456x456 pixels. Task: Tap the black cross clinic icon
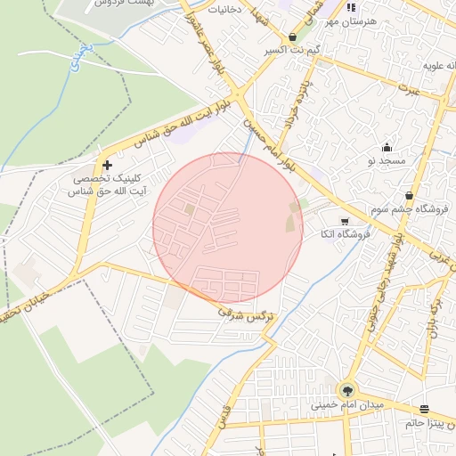click(108, 165)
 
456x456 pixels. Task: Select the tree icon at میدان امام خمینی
click(346, 389)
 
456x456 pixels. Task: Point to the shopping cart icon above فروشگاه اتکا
click(345, 220)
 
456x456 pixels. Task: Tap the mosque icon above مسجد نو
click(387, 148)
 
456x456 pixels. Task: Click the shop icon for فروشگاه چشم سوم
click(409, 196)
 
